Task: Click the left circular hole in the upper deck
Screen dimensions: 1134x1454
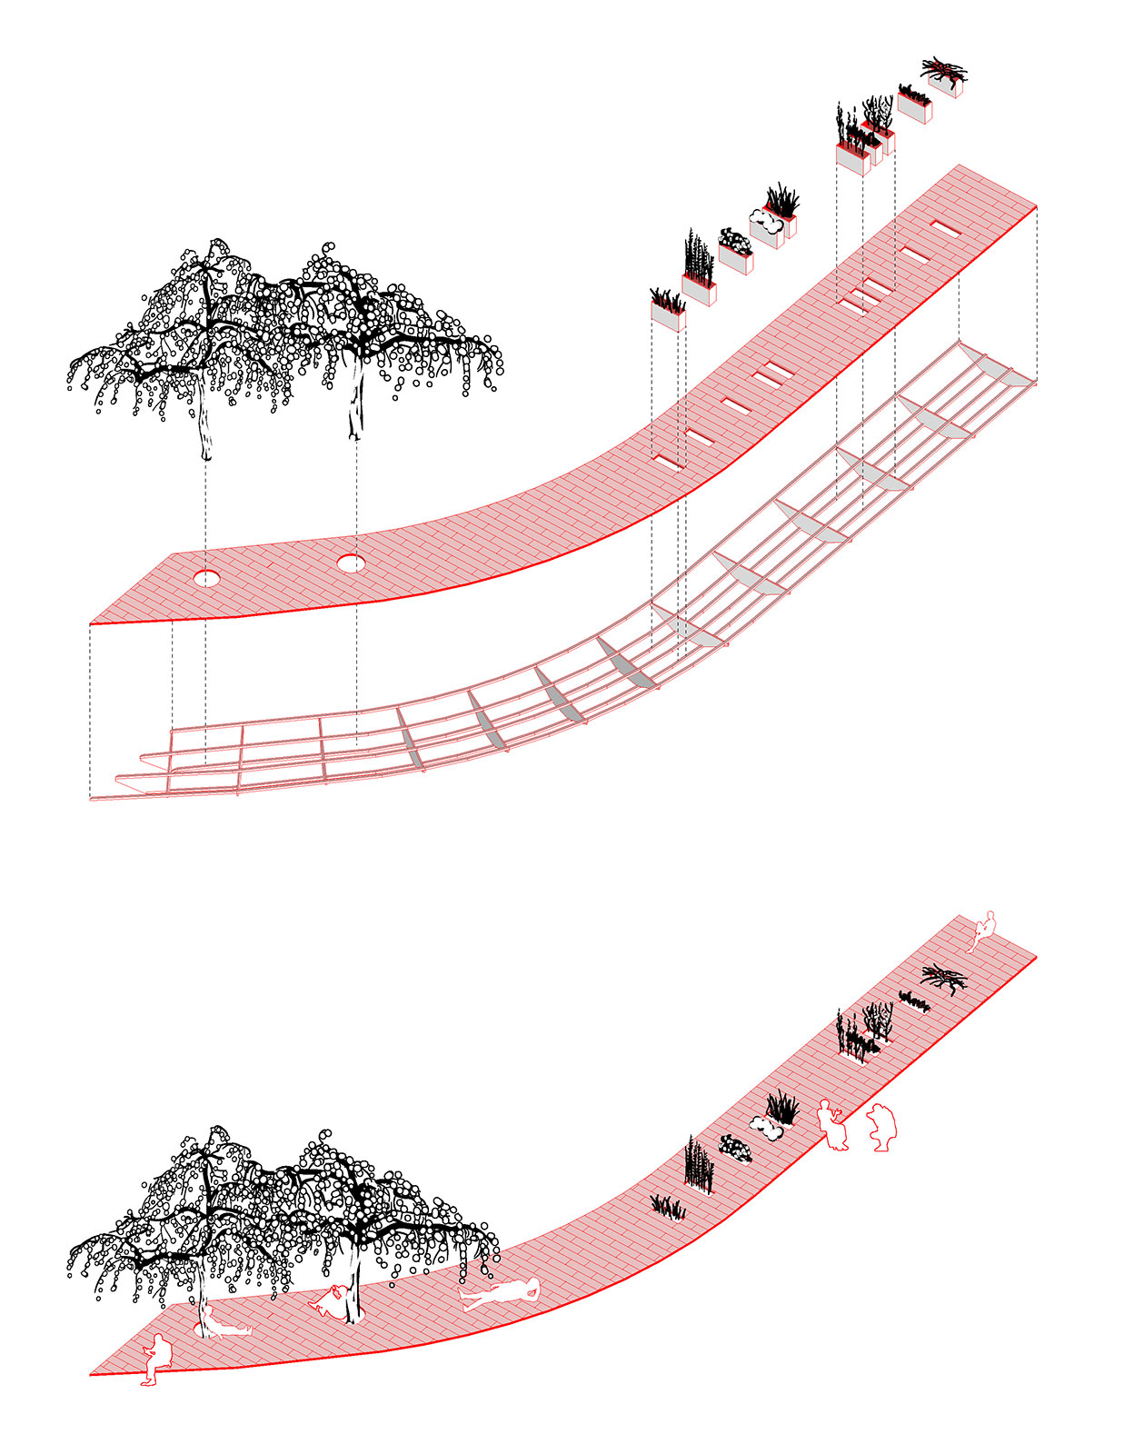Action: pos(206,578)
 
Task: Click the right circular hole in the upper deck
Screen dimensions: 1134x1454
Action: pos(351,564)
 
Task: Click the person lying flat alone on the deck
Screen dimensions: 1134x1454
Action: pos(500,1294)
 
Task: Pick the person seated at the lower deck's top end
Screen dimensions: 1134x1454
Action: pos(983,930)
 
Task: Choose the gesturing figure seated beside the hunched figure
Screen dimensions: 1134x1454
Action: pos(832,1125)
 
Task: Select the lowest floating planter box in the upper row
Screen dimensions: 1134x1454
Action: pos(668,311)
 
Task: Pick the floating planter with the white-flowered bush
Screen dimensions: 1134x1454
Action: pos(735,250)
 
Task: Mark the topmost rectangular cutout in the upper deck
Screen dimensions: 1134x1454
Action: pos(946,231)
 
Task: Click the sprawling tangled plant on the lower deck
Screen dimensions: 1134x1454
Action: pos(944,979)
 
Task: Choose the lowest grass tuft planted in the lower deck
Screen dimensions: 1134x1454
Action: pos(668,1208)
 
